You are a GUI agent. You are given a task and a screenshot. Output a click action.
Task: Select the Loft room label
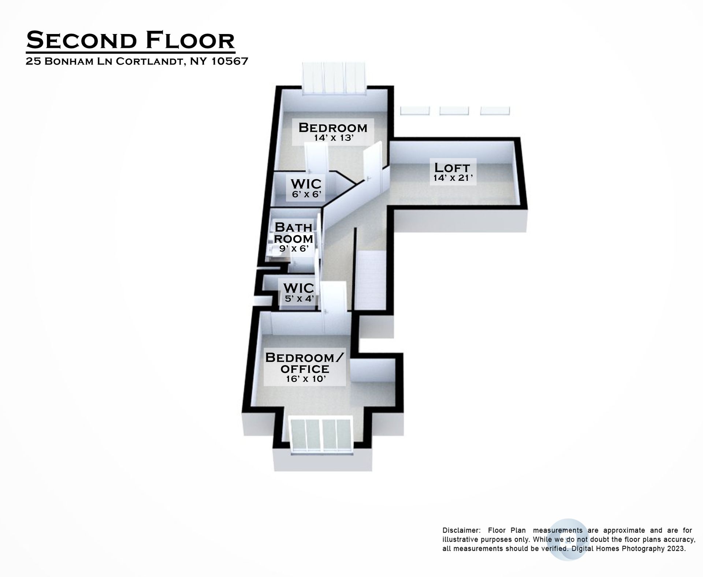452,168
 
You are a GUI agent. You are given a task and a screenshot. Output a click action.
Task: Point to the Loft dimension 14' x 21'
453,178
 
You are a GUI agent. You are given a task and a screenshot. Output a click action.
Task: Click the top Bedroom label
333,128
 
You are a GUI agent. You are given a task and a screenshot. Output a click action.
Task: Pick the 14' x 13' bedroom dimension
333,138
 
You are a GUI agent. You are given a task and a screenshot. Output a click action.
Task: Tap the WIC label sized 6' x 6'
306,183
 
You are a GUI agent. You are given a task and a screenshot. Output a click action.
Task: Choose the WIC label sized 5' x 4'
299,288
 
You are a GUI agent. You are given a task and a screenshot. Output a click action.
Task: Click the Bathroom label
294,233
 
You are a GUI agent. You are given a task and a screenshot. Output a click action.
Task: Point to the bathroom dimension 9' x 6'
294,249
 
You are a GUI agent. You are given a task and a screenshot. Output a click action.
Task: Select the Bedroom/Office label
305,363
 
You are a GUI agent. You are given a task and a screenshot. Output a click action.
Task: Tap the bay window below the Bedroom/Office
321,436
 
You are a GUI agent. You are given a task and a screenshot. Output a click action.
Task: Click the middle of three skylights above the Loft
454,110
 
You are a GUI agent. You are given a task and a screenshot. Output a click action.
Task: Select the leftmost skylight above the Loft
414,110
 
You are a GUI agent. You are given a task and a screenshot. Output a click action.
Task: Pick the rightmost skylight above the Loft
495,110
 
